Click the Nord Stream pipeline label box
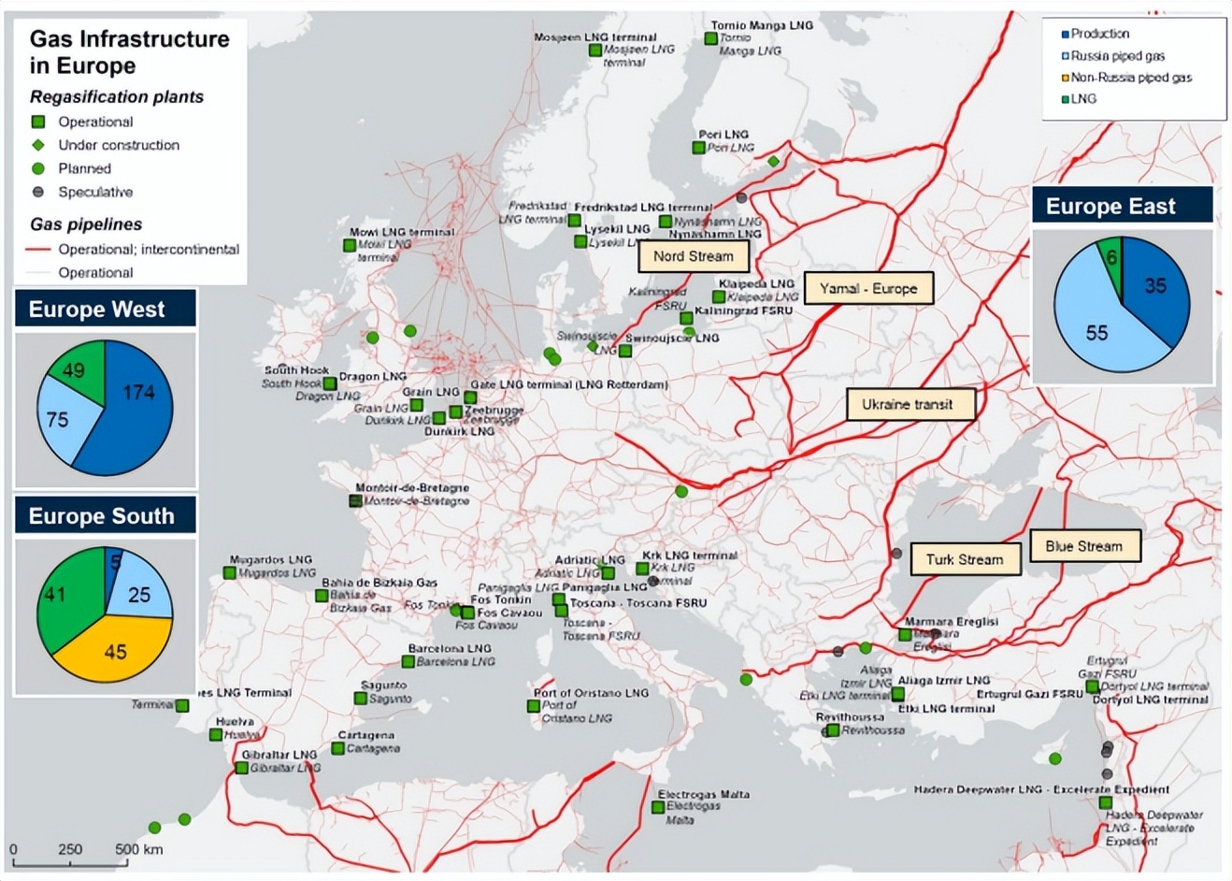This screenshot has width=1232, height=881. (693, 256)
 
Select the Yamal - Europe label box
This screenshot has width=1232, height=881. (868, 289)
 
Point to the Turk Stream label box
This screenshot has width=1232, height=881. (964, 559)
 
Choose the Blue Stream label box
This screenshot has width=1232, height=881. (1083, 546)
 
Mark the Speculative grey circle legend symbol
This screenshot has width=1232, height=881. (38, 192)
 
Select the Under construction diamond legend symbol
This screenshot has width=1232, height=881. (38, 145)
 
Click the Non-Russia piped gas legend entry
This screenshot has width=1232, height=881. (1129, 78)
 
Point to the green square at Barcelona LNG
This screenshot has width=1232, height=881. (408, 661)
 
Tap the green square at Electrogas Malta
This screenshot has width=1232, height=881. (658, 806)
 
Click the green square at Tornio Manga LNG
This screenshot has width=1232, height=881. (710, 38)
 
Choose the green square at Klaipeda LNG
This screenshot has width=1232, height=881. (718, 296)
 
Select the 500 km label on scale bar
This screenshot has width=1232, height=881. (138, 849)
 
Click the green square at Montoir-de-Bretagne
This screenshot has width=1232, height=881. (355, 500)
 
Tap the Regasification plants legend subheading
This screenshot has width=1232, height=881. (117, 97)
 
